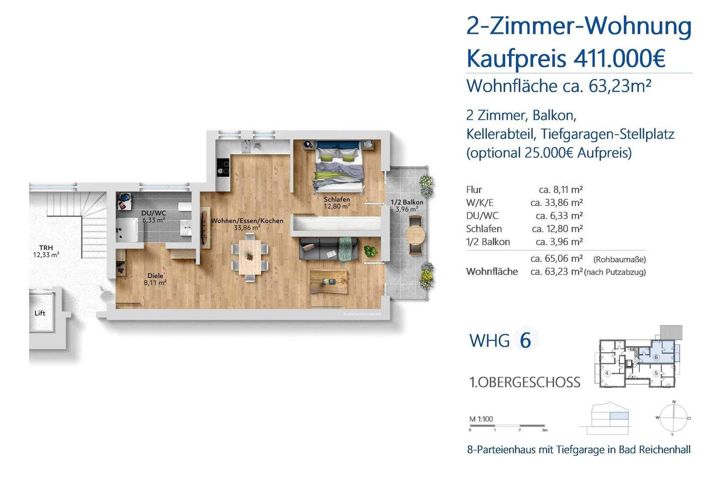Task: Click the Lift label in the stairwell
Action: coord(40,313)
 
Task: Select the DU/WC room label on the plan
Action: coord(153,216)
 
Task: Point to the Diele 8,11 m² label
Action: coord(155,279)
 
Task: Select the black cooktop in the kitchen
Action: coord(223,167)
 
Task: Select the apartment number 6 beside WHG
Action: coord(525,340)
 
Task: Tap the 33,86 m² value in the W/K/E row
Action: coord(556,203)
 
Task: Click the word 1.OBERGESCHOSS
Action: coord(524,382)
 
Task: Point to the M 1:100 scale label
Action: coord(481,419)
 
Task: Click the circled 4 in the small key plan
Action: coord(607,373)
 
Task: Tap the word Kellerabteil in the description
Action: coord(501,134)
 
